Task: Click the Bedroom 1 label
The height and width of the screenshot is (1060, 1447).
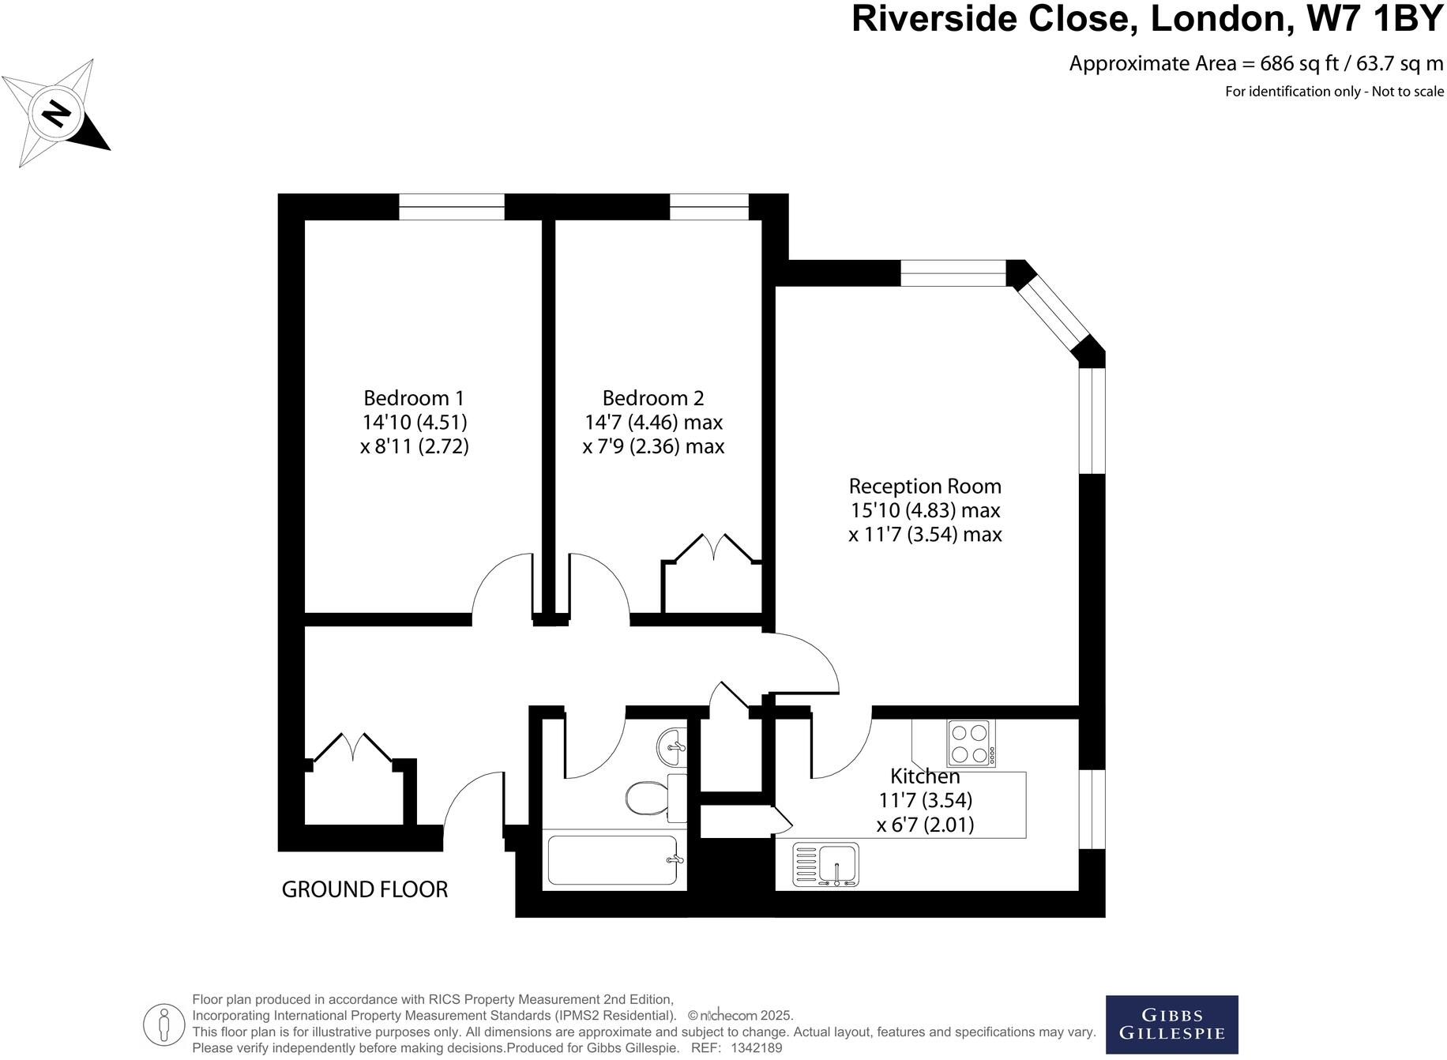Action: (x=414, y=397)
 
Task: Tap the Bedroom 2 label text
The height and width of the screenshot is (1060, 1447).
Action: (x=652, y=397)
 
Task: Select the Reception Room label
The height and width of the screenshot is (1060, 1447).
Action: (x=925, y=486)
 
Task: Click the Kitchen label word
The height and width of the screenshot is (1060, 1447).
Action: (x=925, y=776)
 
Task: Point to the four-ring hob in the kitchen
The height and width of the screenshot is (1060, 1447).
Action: (x=971, y=743)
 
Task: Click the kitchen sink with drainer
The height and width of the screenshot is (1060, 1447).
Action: (x=825, y=864)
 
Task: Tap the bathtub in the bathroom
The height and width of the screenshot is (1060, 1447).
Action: (x=613, y=859)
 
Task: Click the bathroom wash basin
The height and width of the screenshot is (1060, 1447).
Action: (x=672, y=745)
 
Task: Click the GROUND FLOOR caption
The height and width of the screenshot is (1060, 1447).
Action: (x=364, y=889)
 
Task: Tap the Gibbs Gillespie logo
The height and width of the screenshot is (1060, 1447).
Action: (x=1171, y=1024)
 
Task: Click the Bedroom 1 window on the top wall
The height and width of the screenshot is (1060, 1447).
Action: (x=451, y=207)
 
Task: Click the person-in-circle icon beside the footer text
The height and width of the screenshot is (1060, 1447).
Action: (x=163, y=1025)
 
